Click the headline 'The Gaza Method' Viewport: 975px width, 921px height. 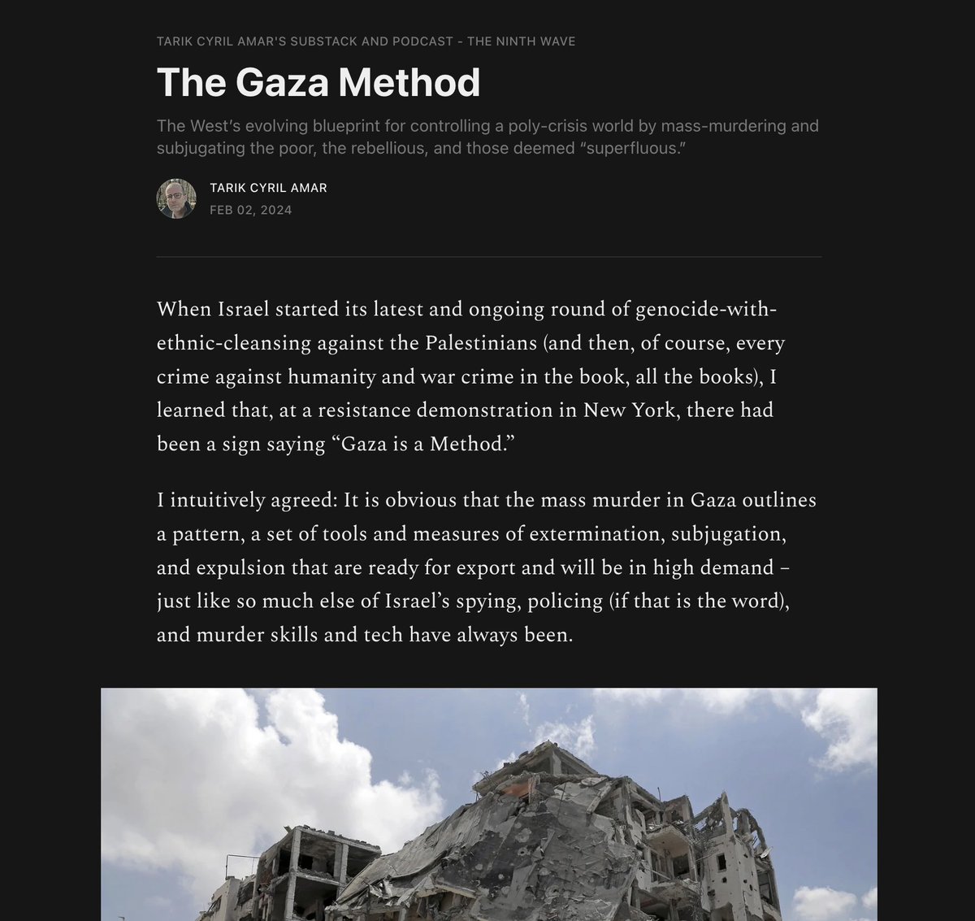(318, 82)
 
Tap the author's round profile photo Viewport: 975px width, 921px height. (176, 198)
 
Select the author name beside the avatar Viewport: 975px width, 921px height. (268, 188)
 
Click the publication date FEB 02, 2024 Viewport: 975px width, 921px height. (250, 210)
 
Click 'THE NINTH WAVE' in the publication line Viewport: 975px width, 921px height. (521, 41)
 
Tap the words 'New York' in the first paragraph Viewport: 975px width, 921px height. (629, 410)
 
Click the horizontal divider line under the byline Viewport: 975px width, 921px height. (488, 257)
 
